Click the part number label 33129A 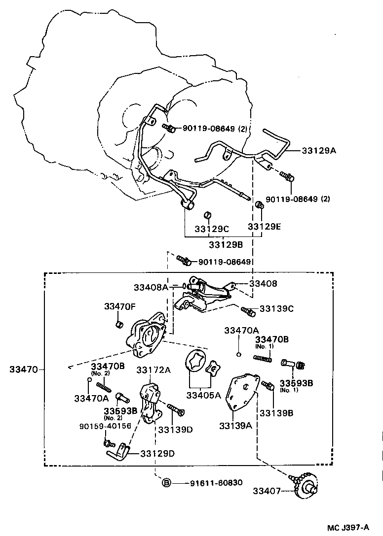pyautogui.click(x=319, y=150)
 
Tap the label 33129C pyautogui.click(x=211, y=229)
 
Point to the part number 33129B pyautogui.click(x=225, y=244)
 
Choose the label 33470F pyautogui.click(x=119, y=306)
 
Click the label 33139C pyautogui.click(x=277, y=309)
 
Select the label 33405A pyautogui.click(x=203, y=395)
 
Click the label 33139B pyautogui.click(x=276, y=413)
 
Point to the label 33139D pyautogui.click(x=175, y=429)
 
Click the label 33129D pyautogui.click(x=157, y=453)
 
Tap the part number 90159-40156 pyautogui.click(x=106, y=426)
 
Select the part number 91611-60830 pyautogui.click(x=216, y=483)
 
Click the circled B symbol pyautogui.click(x=167, y=483)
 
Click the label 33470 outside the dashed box pyautogui.click(x=20, y=368)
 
